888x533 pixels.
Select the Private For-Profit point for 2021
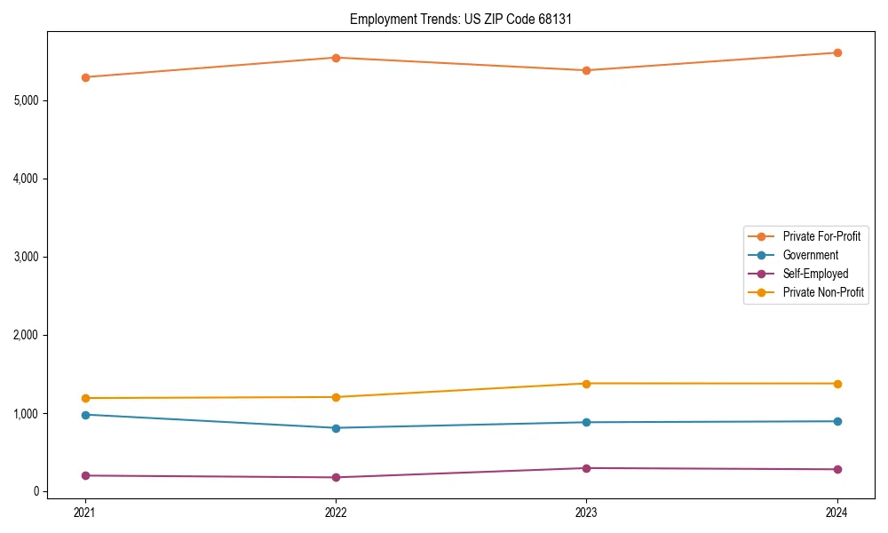(x=85, y=77)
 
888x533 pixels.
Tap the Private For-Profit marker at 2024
(x=837, y=52)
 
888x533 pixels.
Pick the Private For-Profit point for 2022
(x=336, y=58)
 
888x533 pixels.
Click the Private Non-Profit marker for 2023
(x=586, y=384)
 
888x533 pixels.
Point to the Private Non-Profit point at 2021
(x=85, y=398)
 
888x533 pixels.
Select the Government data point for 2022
(x=336, y=428)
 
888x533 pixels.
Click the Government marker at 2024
(x=837, y=421)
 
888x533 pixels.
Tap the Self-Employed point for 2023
(x=586, y=468)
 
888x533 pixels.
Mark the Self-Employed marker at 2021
(x=85, y=475)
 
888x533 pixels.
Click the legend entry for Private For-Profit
(x=821, y=236)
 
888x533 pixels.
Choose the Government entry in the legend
(x=810, y=255)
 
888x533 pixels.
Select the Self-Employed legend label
(x=815, y=274)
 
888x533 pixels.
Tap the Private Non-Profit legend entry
(x=823, y=292)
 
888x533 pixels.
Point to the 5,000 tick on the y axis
(x=27, y=100)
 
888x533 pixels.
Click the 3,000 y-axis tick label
(x=27, y=257)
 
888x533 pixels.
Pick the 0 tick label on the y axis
(x=36, y=491)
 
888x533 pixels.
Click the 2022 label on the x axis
(x=336, y=512)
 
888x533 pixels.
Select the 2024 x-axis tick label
(x=837, y=512)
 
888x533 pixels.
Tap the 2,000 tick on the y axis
(x=27, y=335)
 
